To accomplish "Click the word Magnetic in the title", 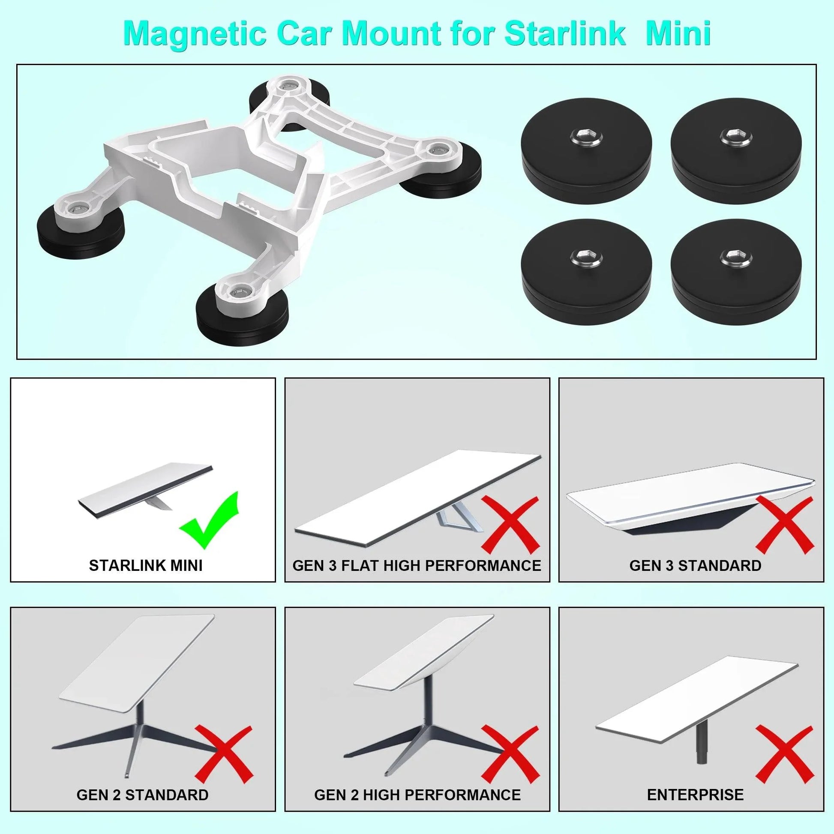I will point(194,34).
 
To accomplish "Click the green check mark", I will point(210,521).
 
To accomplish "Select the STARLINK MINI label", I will point(145,565).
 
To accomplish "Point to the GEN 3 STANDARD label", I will point(695,565).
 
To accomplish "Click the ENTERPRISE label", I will point(695,795).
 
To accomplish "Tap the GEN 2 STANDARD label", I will point(142,795).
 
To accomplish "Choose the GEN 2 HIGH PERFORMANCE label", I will point(417,795).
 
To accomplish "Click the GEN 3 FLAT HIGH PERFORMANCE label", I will point(417,565).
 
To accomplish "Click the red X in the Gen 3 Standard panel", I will point(783,525).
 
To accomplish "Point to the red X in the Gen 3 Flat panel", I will point(510,525).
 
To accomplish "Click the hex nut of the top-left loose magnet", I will point(586,136).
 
